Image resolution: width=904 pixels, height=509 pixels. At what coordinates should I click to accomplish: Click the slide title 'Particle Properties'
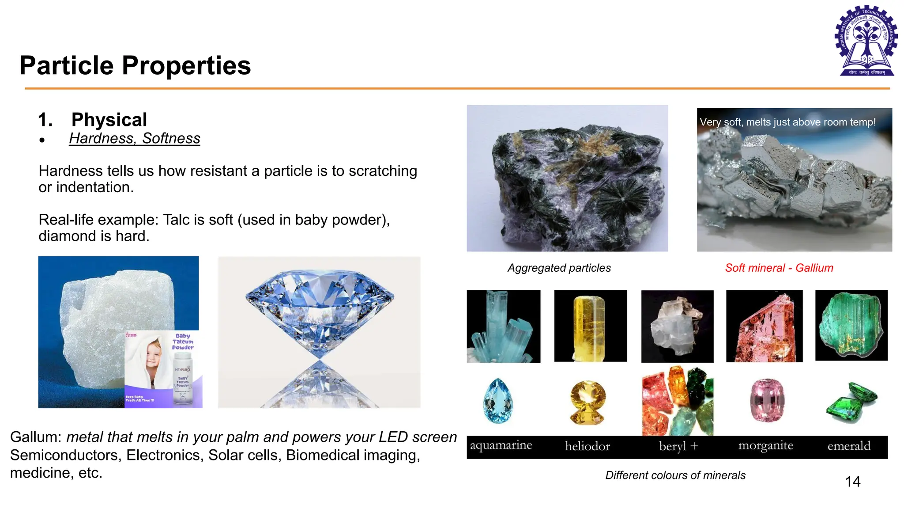(135, 65)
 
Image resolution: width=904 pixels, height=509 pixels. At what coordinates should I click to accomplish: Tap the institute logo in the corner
(866, 41)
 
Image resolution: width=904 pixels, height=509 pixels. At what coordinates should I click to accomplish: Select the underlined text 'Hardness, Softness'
(134, 138)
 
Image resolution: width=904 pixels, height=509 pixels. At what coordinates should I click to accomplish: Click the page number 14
(852, 481)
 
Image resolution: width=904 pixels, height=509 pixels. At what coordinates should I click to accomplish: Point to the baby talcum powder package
(163, 369)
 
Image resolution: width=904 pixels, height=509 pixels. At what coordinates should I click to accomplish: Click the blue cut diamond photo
(319, 332)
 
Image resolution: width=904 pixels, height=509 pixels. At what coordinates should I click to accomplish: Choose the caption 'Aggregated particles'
(559, 268)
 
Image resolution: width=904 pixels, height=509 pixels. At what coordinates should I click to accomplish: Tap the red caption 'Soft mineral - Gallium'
(779, 268)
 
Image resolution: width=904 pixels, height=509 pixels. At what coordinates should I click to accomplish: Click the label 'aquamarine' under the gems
(501, 445)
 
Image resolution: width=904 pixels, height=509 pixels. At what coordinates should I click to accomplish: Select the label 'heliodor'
(588, 446)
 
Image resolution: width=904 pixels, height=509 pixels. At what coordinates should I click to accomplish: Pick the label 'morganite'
(765, 446)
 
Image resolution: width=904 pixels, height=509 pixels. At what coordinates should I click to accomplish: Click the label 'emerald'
(849, 446)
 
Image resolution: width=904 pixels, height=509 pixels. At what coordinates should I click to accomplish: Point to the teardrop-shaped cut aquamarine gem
(498, 401)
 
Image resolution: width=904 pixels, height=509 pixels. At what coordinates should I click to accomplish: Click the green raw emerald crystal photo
(851, 325)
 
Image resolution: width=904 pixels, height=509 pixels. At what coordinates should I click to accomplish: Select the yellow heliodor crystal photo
(590, 326)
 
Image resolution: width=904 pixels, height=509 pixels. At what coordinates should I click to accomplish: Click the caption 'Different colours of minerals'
(675, 475)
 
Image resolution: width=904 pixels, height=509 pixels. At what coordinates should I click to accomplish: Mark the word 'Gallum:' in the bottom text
(36, 437)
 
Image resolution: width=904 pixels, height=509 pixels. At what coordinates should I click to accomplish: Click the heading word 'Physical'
(109, 120)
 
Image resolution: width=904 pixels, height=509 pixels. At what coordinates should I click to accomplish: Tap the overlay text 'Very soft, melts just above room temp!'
(787, 122)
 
